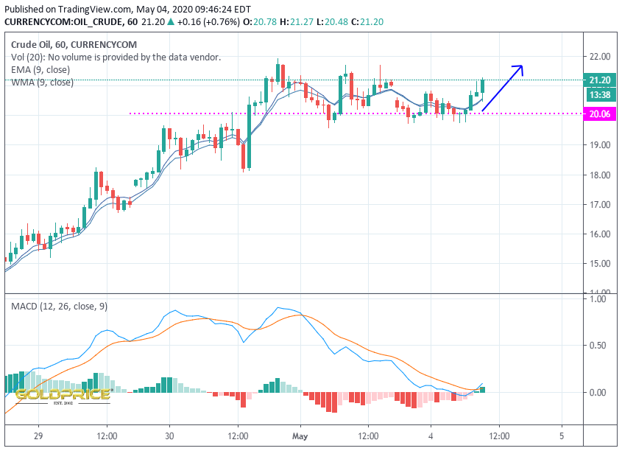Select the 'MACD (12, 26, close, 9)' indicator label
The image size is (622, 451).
tap(59, 307)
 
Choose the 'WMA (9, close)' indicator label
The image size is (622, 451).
tap(43, 83)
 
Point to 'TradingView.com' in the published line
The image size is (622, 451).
tap(94, 9)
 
